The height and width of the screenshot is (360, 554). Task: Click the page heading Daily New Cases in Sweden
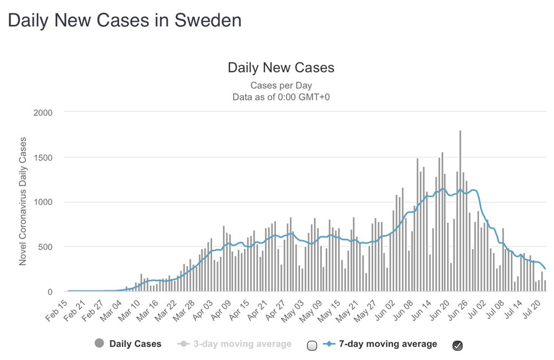(124, 21)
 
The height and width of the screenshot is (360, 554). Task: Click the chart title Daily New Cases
(281, 68)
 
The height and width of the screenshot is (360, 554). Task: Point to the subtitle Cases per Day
(281, 85)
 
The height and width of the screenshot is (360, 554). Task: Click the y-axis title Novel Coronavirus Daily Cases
(23, 201)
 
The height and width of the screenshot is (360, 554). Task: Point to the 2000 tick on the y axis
(43, 112)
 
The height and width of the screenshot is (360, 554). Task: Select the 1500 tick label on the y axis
(43, 157)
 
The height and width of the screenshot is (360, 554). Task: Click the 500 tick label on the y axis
(45, 247)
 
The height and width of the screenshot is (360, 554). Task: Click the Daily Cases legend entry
(135, 344)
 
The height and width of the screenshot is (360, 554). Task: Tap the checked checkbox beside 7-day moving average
(457, 345)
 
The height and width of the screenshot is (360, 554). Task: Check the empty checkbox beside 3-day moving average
(312, 345)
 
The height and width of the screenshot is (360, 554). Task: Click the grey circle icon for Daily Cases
(99, 344)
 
